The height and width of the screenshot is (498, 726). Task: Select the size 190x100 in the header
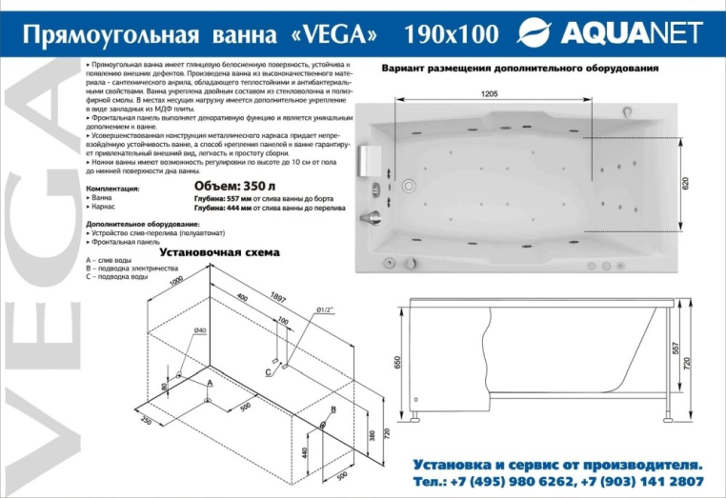coord(451,35)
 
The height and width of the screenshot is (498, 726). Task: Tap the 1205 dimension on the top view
coord(489,93)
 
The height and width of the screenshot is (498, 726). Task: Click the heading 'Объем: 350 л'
coord(229,186)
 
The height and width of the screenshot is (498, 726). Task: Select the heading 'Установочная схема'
coord(219,252)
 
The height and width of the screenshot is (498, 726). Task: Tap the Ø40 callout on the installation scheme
coord(200,329)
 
